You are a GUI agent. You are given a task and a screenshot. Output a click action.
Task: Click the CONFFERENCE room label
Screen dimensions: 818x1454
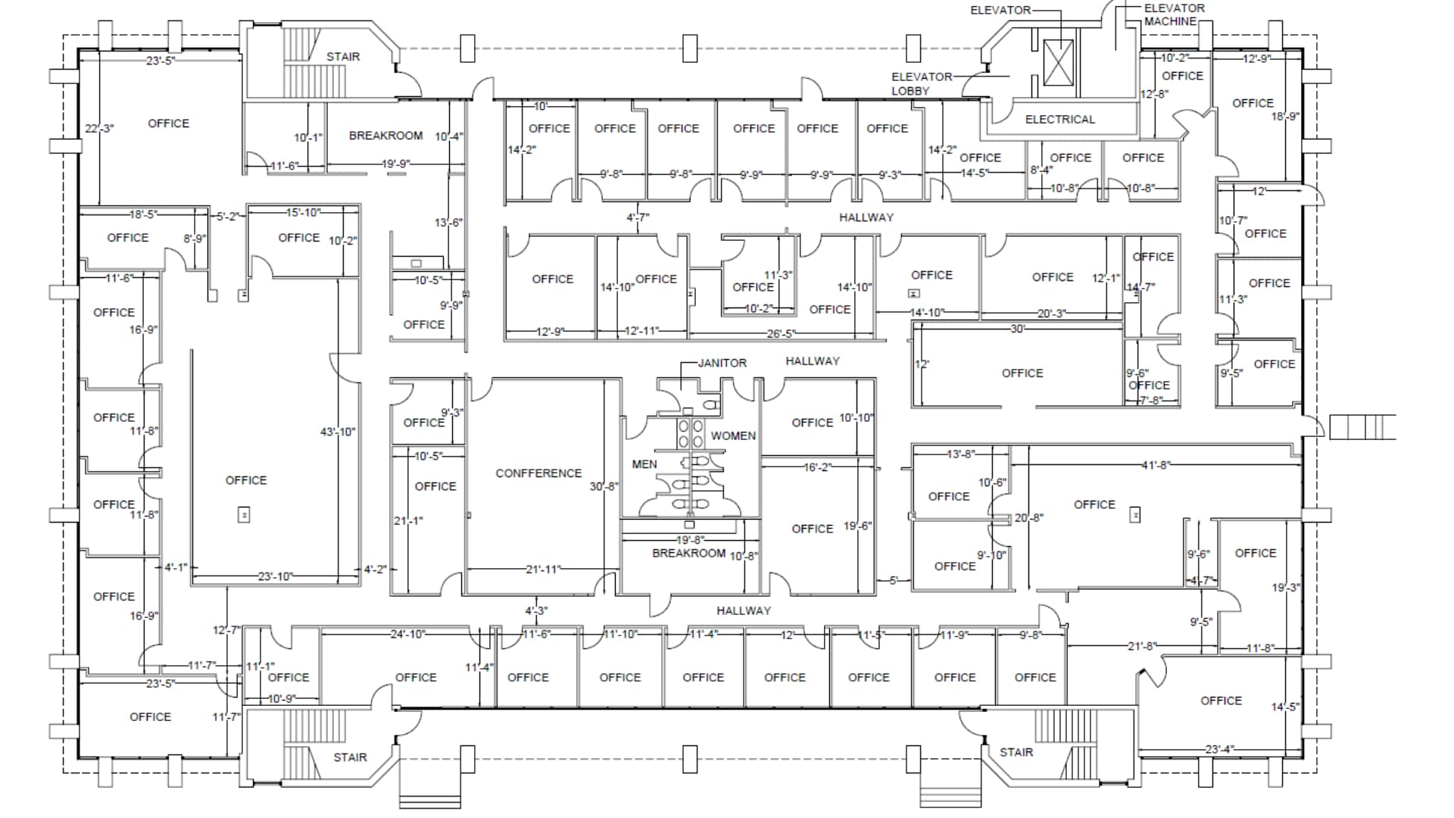click(538, 473)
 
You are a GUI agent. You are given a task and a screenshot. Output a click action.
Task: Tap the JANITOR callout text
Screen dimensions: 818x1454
click(722, 363)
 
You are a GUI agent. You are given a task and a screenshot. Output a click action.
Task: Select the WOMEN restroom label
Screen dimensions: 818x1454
click(732, 436)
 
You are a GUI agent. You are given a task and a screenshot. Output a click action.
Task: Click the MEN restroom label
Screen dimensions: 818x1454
click(644, 464)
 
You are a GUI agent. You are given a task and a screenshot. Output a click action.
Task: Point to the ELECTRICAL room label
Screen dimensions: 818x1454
click(1059, 120)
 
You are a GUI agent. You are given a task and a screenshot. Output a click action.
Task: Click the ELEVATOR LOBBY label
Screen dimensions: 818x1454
click(921, 83)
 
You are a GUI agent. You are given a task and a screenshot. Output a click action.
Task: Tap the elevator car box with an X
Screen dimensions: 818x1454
click(1058, 63)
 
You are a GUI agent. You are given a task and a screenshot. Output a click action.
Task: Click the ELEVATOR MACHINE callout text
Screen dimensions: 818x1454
click(1173, 14)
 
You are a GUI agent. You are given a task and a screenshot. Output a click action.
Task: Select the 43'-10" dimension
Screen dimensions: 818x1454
click(337, 432)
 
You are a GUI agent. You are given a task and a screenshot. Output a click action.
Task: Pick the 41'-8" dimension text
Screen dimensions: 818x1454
click(1156, 465)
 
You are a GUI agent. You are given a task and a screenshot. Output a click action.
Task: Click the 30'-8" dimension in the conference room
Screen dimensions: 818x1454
click(604, 486)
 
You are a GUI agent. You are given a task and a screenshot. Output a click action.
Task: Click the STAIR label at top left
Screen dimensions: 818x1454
click(343, 57)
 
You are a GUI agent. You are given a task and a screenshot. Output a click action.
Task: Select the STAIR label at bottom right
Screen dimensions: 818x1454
click(1016, 752)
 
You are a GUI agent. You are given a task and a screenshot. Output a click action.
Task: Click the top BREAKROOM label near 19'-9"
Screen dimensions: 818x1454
click(385, 136)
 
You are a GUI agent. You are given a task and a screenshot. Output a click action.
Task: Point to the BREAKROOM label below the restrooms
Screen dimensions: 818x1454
click(688, 554)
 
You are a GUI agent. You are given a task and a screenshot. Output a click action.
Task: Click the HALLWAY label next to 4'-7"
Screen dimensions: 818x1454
click(866, 217)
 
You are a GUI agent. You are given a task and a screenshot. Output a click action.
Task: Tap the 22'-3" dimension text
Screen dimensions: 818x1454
click(98, 129)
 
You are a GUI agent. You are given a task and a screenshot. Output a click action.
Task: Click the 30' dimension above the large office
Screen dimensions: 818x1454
click(1017, 329)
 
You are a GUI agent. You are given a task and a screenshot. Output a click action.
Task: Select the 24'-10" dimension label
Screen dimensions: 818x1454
click(407, 634)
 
